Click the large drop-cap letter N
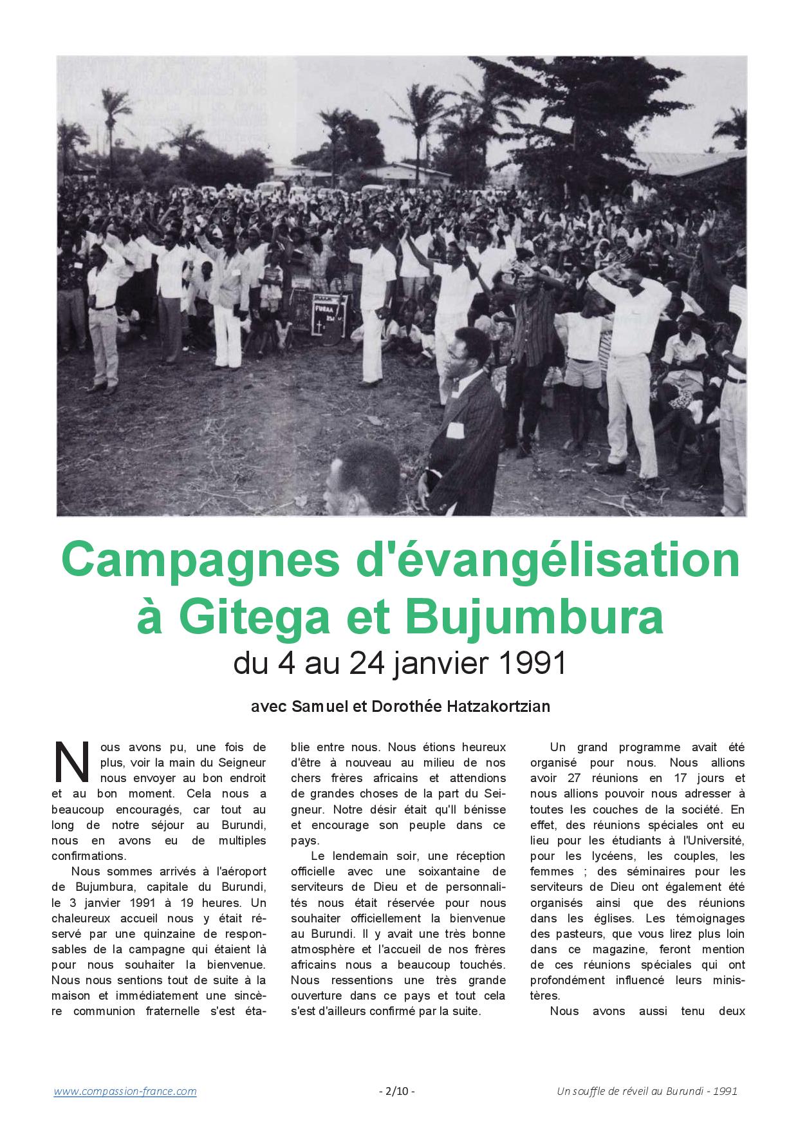pyautogui.click(x=71, y=762)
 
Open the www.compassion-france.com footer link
pyautogui.click(x=125, y=1091)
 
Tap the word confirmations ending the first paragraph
pyautogui.click(x=89, y=856)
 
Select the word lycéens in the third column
pyautogui.click(x=600, y=856)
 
